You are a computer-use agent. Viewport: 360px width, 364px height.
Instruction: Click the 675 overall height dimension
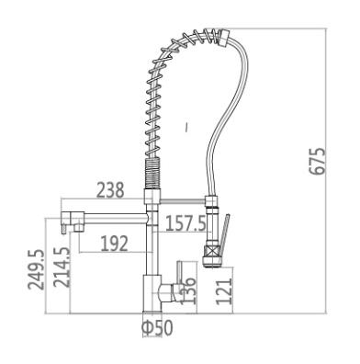317,162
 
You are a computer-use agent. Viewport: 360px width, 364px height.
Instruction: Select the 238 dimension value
110,190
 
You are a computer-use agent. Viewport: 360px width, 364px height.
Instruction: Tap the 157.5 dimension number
186,223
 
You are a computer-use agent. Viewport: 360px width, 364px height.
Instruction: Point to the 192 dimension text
114,244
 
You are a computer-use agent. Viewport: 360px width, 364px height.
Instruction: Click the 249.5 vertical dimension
36,269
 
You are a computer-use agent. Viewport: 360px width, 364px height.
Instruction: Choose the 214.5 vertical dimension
62,267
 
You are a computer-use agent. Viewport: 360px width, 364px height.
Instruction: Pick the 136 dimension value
187,290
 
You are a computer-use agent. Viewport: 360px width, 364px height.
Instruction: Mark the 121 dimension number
224,291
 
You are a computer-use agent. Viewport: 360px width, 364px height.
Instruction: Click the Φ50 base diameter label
157,327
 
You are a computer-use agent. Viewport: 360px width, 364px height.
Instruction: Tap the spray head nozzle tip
212,263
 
